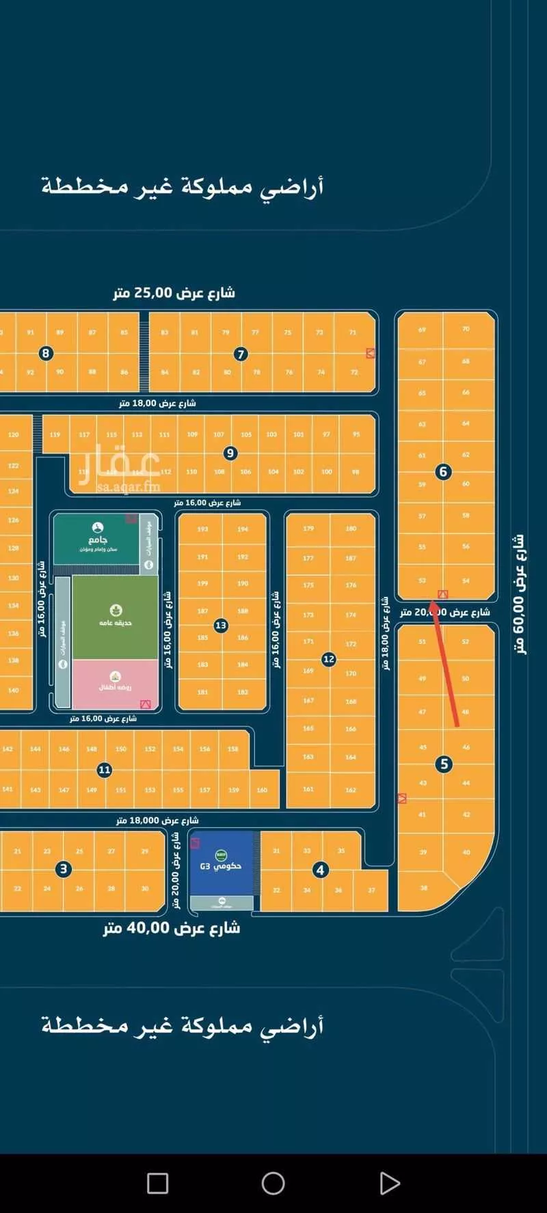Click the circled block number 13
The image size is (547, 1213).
(220, 625)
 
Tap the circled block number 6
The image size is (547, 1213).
(443, 471)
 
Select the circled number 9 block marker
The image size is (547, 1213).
(230, 453)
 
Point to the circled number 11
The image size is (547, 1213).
(104, 770)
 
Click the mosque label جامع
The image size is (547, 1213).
(98, 540)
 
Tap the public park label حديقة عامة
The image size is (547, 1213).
(116, 622)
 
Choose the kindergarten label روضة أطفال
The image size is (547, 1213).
(116, 686)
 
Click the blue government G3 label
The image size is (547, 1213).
(221, 866)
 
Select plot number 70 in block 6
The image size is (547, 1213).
(466, 329)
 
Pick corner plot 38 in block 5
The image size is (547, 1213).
(423, 888)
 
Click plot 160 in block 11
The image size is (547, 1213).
(262, 790)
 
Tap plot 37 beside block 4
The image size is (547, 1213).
(371, 890)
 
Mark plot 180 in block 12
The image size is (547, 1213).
(351, 529)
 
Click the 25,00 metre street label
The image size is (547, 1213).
(174, 293)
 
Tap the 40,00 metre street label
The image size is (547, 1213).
(172, 928)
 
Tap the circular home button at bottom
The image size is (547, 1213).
(273, 1183)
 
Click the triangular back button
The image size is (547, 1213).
(389, 1183)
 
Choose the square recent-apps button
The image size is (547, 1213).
(157, 1183)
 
